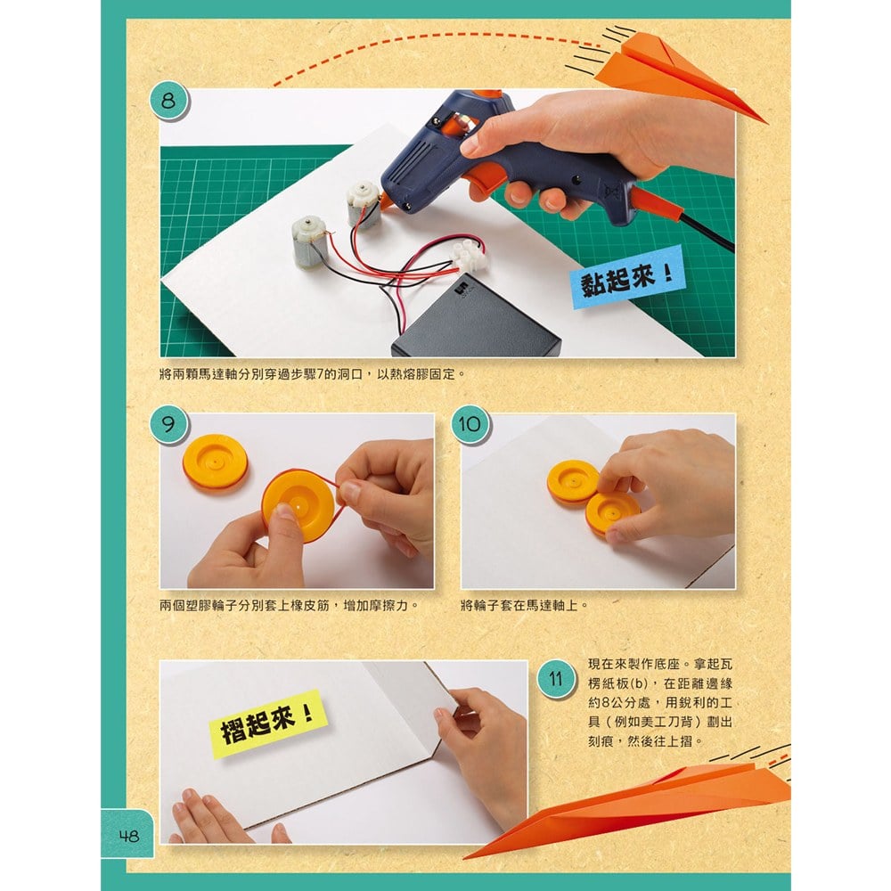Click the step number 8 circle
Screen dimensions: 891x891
pos(168,102)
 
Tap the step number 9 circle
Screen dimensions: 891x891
pos(168,424)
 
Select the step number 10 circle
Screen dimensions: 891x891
pos(470,424)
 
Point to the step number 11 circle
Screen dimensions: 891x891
pos(555,678)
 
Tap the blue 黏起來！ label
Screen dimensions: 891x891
pos(627,278)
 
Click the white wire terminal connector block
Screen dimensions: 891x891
pos(469,255)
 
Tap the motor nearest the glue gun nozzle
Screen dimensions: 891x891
pos(363,205)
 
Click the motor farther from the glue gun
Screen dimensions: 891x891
pos(309,242)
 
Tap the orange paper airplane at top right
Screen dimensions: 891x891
pos(679,74)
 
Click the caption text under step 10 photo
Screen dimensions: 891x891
pos(523,606)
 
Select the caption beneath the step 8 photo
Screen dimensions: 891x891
pos(312,375)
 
